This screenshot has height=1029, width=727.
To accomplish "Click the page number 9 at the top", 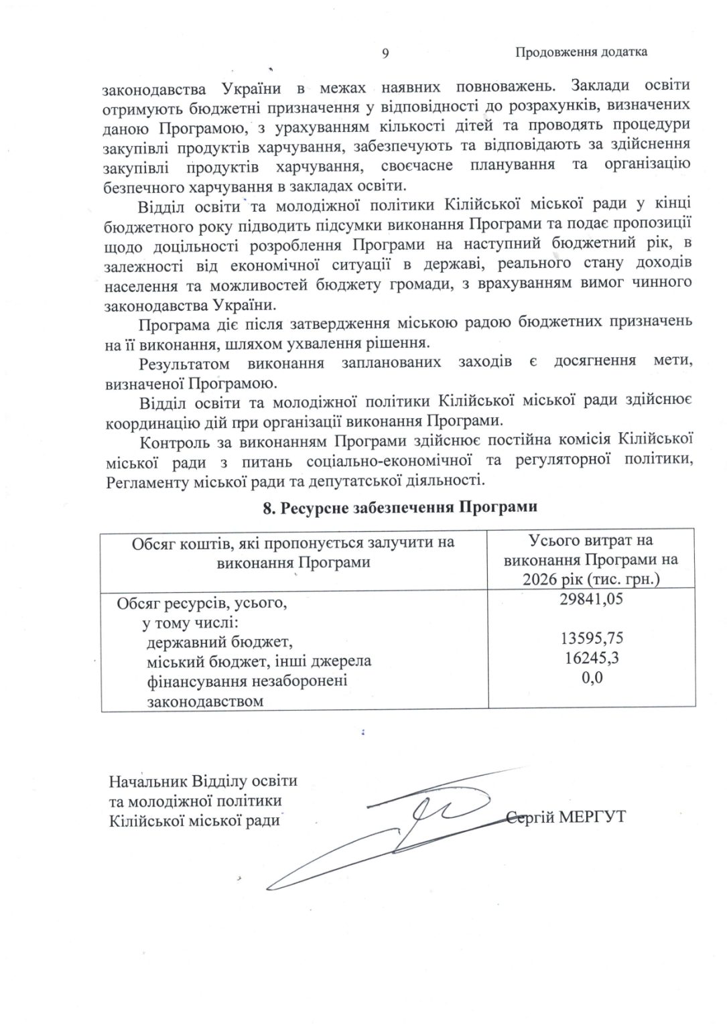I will pos(386,53).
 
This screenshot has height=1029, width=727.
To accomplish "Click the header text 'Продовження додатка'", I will pos(581,52).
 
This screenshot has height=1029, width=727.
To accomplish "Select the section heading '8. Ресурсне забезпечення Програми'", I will pos(400,507).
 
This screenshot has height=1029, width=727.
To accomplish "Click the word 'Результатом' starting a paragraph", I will pos(180,364).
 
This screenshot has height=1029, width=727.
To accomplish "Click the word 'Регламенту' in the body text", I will pos(145,480).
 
